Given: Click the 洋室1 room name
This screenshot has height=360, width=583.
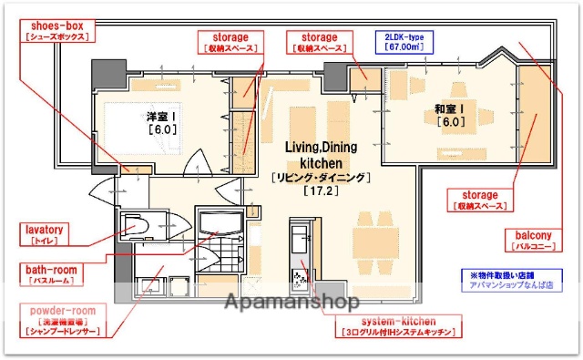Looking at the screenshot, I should [161, 118].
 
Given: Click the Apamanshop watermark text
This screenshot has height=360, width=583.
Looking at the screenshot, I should [291, 301].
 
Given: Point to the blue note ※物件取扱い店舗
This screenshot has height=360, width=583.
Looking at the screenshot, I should [505, 273].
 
